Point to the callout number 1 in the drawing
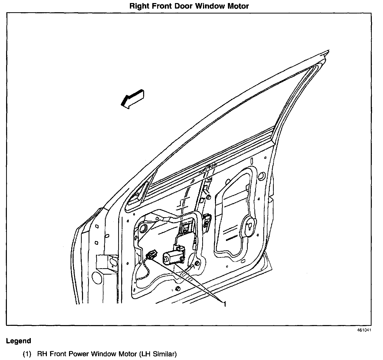(225, 304)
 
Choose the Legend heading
(19, 341)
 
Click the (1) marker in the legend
(27, 354)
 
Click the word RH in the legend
(42, 354)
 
